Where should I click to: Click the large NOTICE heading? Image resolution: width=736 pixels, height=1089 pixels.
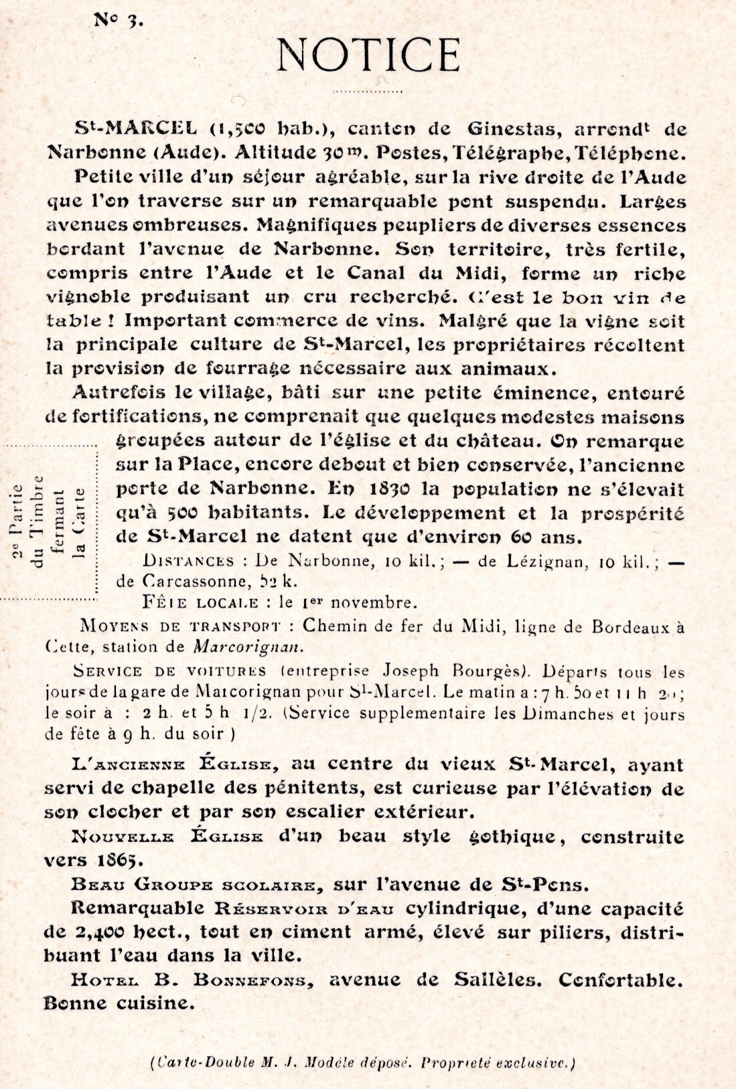[368, 55]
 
